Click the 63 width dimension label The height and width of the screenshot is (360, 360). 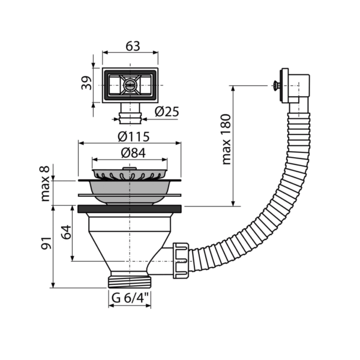(x=133, y=46)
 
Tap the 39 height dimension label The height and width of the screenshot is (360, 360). (x=87, y=83)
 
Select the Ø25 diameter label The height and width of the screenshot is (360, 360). (x=166, y=112)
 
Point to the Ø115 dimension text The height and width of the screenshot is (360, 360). (x=133, y=137)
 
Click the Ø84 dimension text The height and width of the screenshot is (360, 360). (x=133, y=153)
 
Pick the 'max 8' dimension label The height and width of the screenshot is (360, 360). (x=45, y=184)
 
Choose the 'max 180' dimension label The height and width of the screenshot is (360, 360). (x=226, y=139)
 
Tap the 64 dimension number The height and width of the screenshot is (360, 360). (x=67, y=232)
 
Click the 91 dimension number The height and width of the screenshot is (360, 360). (x=46, y=243)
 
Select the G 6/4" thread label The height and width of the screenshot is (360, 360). (x=130, y=298)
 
